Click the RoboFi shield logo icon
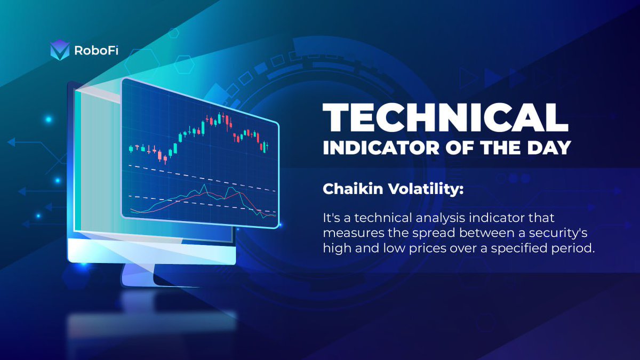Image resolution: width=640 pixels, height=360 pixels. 60,50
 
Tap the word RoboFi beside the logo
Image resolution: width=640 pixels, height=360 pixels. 97,51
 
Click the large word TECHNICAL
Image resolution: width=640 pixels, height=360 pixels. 445,117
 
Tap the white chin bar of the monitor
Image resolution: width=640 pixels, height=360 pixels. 151,251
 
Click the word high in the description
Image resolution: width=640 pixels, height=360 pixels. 337,249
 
